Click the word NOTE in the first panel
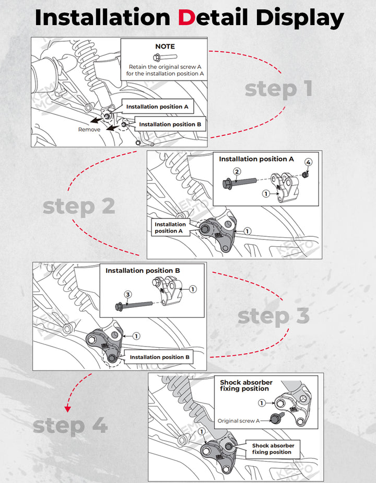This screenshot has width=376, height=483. point(165,47)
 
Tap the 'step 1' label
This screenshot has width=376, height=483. point(278,89)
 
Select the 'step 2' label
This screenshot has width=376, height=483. point(78,206)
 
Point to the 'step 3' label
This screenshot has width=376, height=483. point(273,316)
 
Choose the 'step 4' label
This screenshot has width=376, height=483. point(70,425)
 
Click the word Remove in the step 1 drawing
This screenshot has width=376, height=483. point(89,129)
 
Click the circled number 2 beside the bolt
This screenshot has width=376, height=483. point(237,171)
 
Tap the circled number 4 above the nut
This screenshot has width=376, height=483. point(308,163)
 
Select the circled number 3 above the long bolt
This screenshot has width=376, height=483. point(127,295)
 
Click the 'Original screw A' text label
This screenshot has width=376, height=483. point(238,421)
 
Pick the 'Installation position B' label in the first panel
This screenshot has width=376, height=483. point(170,124)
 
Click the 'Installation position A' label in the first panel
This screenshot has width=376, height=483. point(157,107)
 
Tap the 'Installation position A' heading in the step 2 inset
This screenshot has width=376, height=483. point(256,159)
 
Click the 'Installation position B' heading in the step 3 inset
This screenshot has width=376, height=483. point(143,271)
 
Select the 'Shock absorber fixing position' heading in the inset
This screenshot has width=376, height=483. point(246,386)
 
